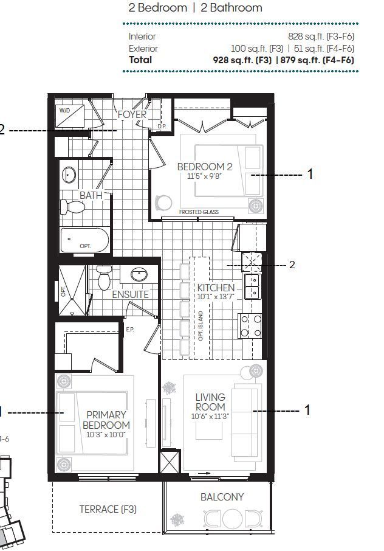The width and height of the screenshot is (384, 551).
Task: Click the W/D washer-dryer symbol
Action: pos(70,116)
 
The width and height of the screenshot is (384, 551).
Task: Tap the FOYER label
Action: pos(132,114)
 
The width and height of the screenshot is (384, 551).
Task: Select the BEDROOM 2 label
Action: pos(204,167)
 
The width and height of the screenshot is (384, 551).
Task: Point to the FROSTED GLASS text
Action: pos(199,212)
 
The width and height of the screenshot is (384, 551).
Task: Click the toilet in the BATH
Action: pos(72,207)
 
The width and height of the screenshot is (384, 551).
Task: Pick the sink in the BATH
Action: pos(69,175)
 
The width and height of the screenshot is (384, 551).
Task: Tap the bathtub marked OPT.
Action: pos(84,240)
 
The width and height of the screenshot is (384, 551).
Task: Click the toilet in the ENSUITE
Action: pos(104,277)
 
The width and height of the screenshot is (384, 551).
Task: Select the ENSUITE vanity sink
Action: pos(139,274)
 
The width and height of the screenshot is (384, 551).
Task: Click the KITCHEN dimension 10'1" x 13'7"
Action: pos(216,297)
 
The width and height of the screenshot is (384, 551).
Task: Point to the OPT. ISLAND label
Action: pos(201,326)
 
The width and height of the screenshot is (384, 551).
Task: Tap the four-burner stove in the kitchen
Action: pos(250,326)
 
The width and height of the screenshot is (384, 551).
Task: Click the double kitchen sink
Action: pos(252,286)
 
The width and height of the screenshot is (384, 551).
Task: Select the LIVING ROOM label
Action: pos(210,402)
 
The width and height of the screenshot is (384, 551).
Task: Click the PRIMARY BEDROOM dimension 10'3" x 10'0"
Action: pos(106,435)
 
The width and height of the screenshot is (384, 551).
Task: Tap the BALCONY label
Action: pos(222,497)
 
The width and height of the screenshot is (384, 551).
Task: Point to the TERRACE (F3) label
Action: pos(108,509)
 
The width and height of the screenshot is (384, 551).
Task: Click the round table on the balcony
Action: pos(231,519)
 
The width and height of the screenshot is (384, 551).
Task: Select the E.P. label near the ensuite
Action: pos(130,330)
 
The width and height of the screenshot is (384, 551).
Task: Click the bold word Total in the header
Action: pos(140,60)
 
